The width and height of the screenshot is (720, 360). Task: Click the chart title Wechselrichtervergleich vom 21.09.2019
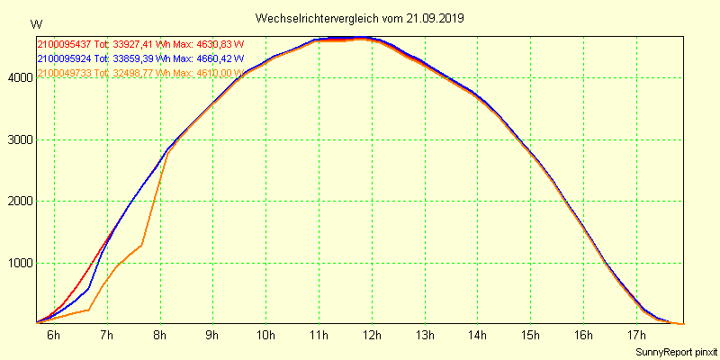click(x=360, y=18)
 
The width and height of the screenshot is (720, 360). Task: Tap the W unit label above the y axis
click(x=35, y=23)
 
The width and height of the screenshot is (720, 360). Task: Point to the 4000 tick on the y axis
click(x=20, y=78)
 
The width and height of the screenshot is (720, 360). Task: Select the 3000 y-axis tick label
click(x=20, y=140)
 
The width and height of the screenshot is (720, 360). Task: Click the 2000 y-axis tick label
click(x=20, y=202)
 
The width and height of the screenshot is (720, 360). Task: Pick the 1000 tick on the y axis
click(x=20, y=264)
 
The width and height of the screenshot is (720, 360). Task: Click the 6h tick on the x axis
click(x=54, y=336)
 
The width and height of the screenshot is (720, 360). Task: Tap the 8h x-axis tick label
click(x=160, y=336)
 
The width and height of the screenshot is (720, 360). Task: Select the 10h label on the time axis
click(x=265, y=336)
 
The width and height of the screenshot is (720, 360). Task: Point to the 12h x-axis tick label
click(x=372, y=336)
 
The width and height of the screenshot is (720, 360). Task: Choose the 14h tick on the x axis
click(x=478, y=336)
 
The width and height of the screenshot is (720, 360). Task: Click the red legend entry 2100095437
click(x=65, y=44)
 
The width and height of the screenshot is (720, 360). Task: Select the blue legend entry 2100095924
click(x=65, y=58)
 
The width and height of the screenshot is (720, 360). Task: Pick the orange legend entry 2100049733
click(x=65, y=73)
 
